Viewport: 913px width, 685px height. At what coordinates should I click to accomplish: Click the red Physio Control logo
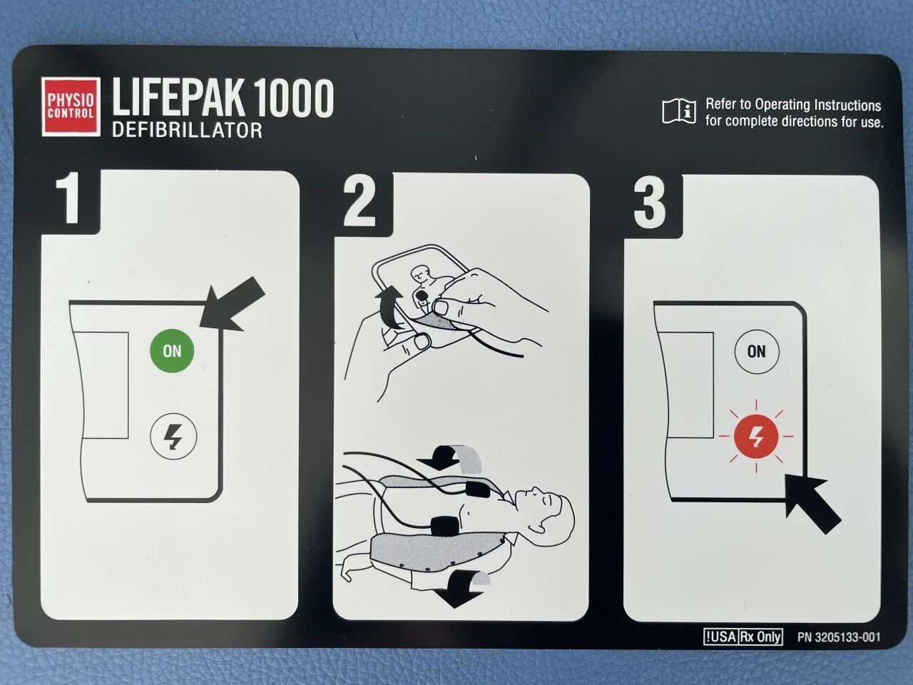[x=71, y=106]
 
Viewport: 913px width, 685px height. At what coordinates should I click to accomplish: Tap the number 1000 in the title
[x=293, y=98]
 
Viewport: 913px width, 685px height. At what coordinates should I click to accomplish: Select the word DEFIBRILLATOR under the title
[x=187, y=130]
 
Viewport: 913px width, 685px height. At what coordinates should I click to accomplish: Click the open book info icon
[x=679, y=111]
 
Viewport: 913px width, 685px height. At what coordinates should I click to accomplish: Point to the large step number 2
[x=359, y=202]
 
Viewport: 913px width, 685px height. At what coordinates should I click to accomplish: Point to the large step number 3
[x=650, y=203]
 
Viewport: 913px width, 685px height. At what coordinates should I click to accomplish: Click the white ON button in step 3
[x=757, y=352]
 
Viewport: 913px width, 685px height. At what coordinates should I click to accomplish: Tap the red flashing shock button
[x=756, y=436]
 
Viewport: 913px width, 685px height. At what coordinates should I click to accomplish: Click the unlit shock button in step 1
[x=173, y=436]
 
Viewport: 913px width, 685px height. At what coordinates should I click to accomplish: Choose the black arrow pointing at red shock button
[x=811, y=504]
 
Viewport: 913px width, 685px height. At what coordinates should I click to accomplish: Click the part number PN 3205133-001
[x=839, y=637]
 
